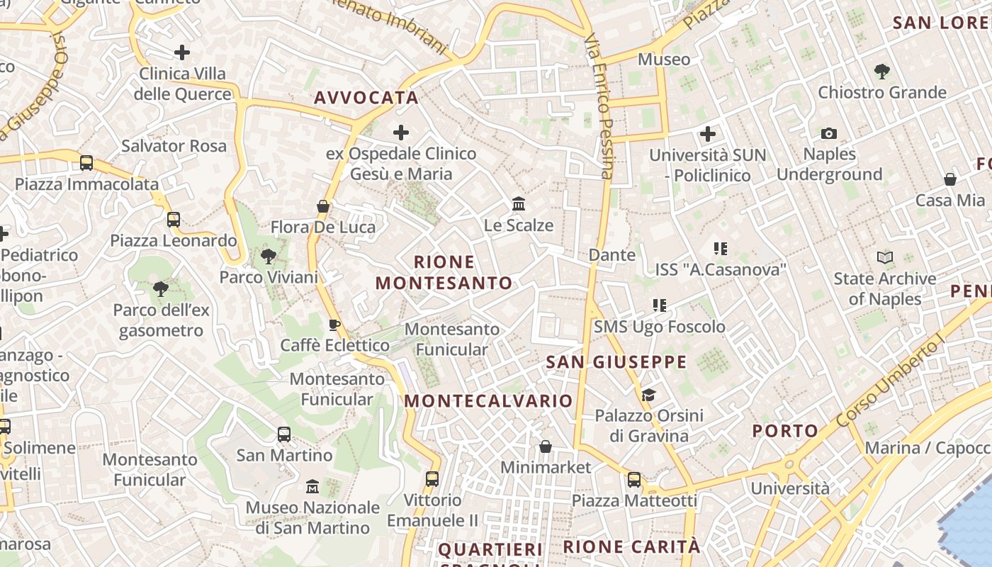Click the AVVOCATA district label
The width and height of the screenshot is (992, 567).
coord(366,98)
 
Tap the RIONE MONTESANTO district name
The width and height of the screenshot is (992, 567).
coord(444,273)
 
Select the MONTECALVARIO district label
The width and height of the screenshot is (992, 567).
coord(488,401)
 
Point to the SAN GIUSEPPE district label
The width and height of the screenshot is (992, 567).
coord(616,363)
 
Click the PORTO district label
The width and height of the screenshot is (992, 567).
coord(785,431)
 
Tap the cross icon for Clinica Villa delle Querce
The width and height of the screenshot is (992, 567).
coord(182,52)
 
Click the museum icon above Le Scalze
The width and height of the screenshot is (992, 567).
coord(519,204)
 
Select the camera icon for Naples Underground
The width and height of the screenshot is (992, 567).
coord(828,133)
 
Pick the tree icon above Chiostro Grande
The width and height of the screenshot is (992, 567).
coord(882,71)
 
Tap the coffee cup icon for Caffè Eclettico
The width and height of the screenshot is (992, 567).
coord(334,325)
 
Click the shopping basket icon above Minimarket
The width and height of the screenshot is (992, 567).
coord(546,447)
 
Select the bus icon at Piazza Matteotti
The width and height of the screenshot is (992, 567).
coord(634,480)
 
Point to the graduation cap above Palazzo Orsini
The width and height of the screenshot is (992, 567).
coord(648,395)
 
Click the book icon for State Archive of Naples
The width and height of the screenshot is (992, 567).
coord(884,257)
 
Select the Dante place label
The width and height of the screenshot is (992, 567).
coord(612,254)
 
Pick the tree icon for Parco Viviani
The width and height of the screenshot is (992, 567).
coord(269,256)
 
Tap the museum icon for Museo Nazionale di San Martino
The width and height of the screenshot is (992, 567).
coord(312,487)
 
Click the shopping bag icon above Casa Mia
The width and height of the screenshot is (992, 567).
coord(949,179)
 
